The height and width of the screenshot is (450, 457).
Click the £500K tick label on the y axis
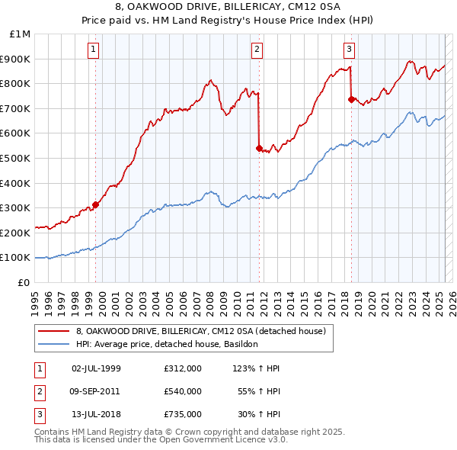16,158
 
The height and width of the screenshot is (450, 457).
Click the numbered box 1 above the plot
93,50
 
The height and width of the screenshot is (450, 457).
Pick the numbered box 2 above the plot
257,50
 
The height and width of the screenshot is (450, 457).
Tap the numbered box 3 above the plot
349,50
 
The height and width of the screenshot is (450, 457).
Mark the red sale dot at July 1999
96,204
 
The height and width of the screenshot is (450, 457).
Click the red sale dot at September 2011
259,148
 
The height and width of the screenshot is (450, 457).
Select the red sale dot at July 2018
351,99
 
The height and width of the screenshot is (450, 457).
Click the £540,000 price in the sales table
183,391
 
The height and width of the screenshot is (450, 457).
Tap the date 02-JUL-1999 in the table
96,368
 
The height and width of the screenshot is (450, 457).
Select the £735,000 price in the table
183,414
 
